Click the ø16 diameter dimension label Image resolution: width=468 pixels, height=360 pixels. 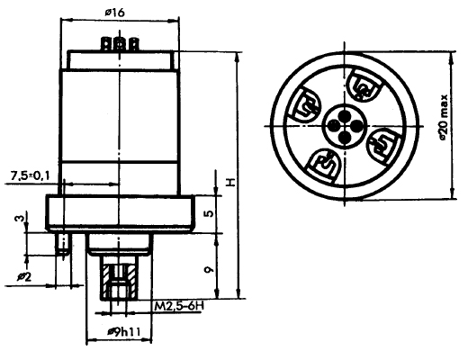(114, 13)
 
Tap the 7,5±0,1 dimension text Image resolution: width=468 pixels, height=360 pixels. (30, 175)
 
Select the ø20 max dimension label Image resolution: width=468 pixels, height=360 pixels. (444, 118)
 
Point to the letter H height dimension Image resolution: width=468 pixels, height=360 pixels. (230, 183)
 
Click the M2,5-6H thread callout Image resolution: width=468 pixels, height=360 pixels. (179, 307)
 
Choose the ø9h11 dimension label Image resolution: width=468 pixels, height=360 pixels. (124, 332)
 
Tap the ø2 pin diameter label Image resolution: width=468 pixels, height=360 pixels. (24, 277)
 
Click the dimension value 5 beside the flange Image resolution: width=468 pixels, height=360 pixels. (210, 213)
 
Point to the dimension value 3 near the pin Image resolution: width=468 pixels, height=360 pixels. (19, 218)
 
